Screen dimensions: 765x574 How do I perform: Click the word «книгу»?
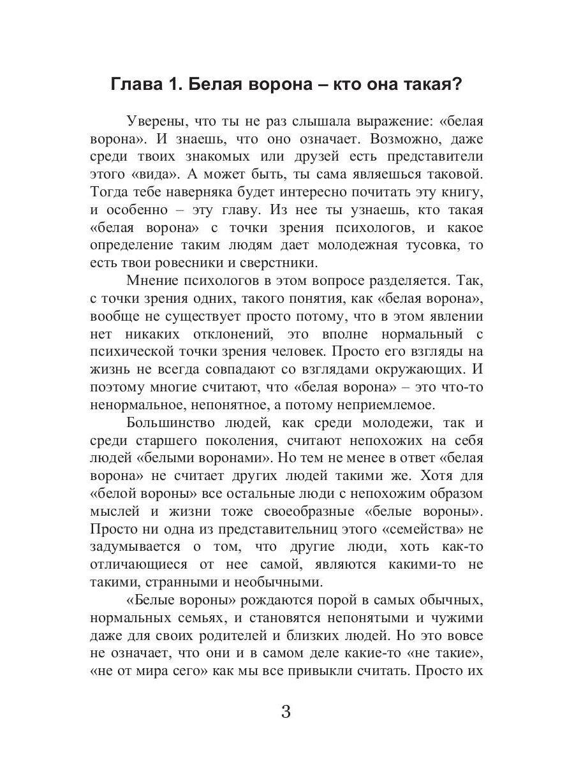click(458, 191)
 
